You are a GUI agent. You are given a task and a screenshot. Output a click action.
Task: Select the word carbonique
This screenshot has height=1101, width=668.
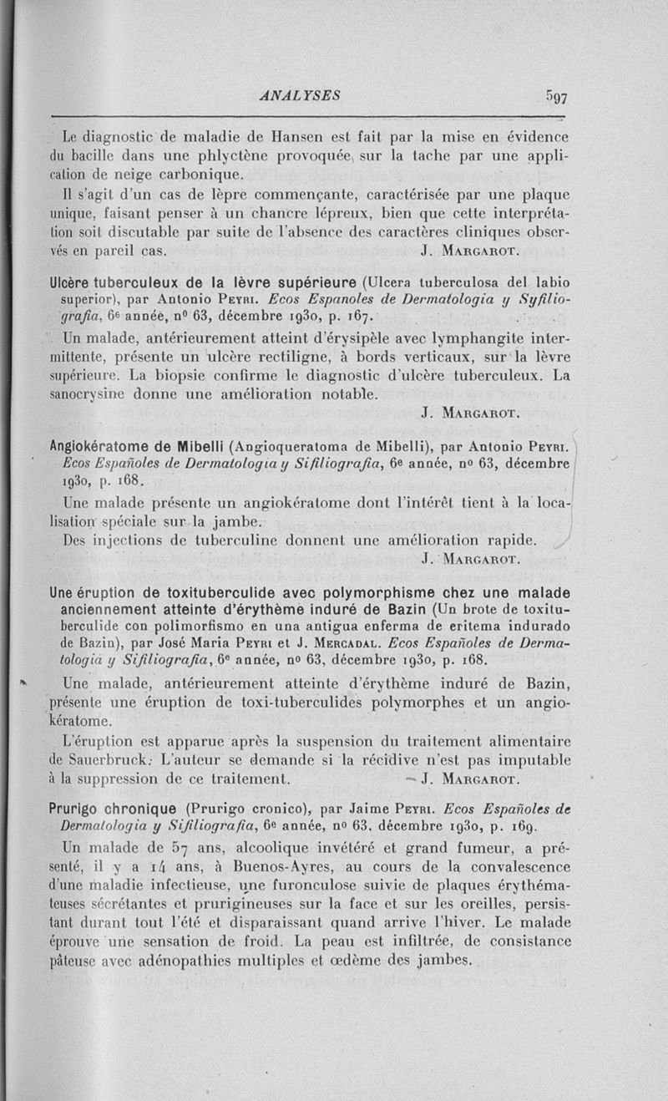pos(201,175)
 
